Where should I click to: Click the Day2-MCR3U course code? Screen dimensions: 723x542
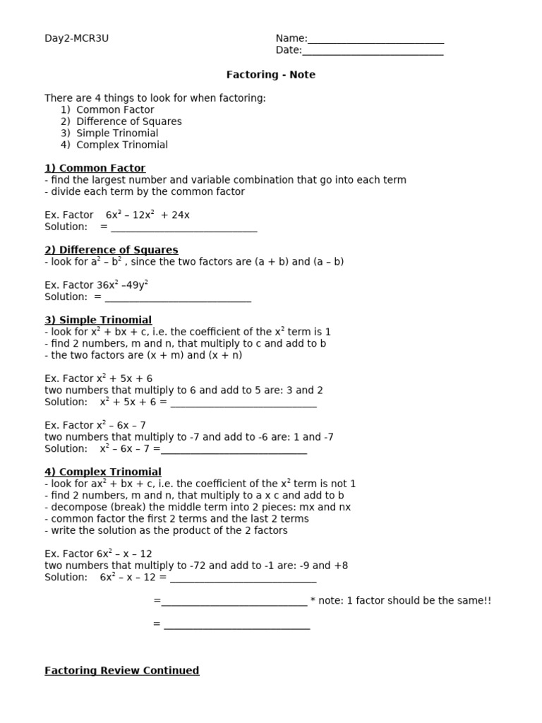[77, 38]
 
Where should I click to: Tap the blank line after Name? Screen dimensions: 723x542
[375, 40]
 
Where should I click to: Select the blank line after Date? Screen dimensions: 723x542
[373, 51]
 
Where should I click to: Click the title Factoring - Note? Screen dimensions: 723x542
[270, 74]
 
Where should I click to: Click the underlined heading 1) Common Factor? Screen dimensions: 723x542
[95, 168]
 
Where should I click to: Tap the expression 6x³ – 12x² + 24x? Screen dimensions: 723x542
[147, 215]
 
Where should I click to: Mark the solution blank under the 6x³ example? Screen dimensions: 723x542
[183, 228]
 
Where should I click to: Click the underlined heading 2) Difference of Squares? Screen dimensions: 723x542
[112, 250]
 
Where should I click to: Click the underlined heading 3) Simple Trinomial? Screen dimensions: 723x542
[98, 320]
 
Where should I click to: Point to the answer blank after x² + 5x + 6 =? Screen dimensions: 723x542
[243, 403]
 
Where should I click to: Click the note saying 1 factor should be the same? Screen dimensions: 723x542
[401, 600]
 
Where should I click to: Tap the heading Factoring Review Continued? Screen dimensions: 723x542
[121, 670]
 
